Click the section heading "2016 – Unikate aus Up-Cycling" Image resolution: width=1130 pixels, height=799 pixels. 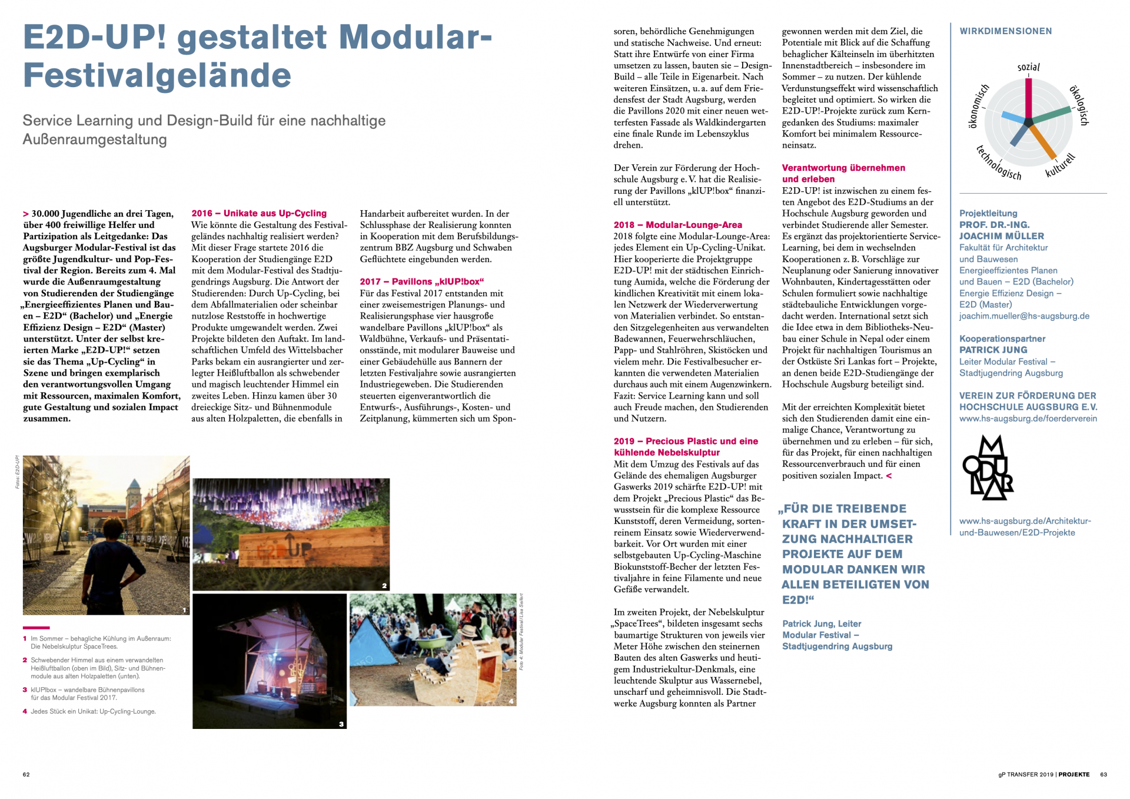[259, 213]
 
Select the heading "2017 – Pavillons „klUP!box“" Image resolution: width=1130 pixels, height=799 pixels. [421, 281]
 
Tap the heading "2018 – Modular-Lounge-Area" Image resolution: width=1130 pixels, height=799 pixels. [677, 225]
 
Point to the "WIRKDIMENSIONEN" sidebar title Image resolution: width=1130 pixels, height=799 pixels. [1005, 31]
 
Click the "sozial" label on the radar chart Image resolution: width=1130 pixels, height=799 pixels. [1028, 67]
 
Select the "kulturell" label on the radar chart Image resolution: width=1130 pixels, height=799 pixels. [1061, 165]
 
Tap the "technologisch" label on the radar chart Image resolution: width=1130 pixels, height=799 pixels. [999, 163]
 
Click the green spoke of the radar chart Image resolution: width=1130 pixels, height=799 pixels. [1051, 115]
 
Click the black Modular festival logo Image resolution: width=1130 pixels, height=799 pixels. [988, 468]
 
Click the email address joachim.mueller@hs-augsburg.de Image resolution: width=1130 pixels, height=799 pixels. [1024, 316]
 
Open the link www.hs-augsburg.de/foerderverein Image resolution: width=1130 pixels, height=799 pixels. [1028, 419]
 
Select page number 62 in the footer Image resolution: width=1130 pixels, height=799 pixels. [26, 774]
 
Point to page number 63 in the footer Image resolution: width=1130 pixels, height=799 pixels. [1104, 774]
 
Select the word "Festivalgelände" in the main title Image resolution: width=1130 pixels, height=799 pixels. [157, 75]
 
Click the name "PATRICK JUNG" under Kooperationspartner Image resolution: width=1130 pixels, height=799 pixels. [993, 350]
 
